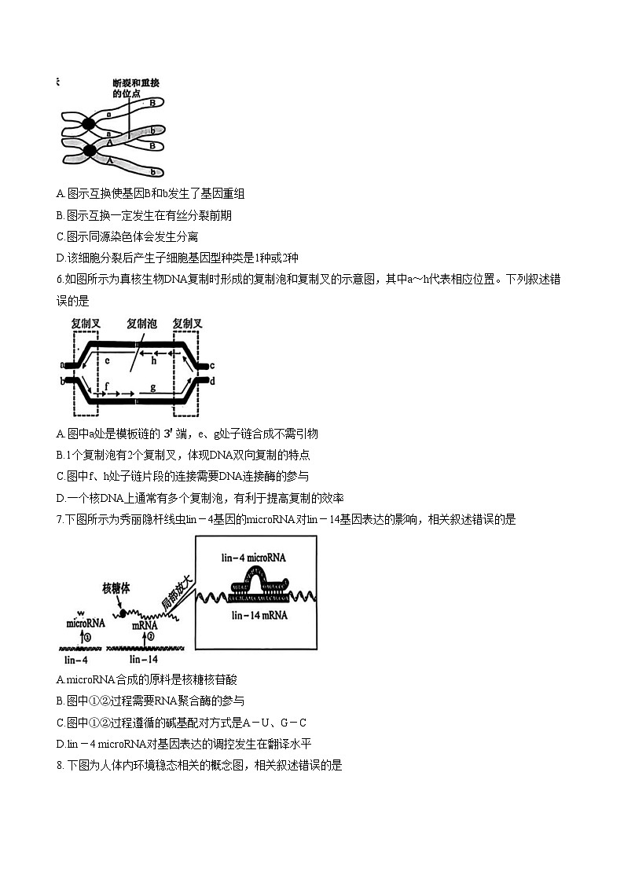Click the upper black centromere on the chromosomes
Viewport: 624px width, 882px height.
click(x=88, y=123)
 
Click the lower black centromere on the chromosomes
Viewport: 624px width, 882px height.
click(x=90, y=150)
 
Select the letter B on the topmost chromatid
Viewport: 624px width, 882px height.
click(x=152, y=103)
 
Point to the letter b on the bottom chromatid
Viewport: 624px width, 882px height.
click(x=154, y=171)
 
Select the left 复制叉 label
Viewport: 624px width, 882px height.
click(x=85, y=323)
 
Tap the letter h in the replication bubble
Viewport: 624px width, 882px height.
click(x=155, y=361)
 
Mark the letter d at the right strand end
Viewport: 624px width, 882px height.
click(x=212, y=381)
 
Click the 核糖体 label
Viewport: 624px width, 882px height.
click(x=118, y=589)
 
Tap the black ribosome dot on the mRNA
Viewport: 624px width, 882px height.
click(x=122, y=611)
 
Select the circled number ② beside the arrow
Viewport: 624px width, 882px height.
click(x=151, y=636)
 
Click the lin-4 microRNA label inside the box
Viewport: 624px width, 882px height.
click(x=254, y=557)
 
